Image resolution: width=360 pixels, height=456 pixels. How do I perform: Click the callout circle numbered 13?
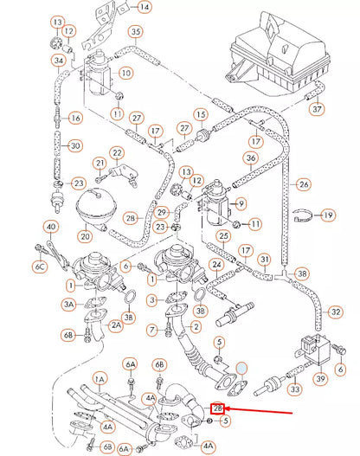[57, 21]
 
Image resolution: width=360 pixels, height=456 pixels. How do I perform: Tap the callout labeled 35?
[135, 33]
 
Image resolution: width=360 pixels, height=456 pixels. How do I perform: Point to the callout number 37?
[318, 110]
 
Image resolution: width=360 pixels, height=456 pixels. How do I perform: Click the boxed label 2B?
[219, 407]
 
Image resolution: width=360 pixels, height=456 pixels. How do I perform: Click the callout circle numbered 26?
[304, 184]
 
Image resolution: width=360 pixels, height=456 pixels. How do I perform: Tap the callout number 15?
[201, 114]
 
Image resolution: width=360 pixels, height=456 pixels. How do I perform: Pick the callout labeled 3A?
[69, 305]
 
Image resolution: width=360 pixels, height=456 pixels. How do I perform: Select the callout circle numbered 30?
[75, 145]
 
